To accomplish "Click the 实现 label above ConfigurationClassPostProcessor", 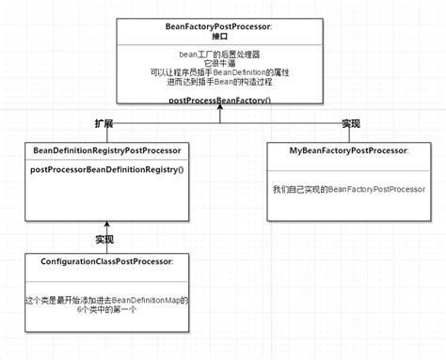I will click(x=104, y=239).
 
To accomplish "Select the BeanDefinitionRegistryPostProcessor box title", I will click(x=106, y=150).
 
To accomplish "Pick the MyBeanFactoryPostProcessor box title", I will click(x=349, y=150).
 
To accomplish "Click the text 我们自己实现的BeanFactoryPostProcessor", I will click(x=349, y=189).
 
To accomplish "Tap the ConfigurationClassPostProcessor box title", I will click(x=107, y=260).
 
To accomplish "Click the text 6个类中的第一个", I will click(x=106, y=309).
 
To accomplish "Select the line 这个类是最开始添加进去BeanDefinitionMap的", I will click(x=106, y=300).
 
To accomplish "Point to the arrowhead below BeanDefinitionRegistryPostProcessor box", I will click(x=106, y=224).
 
